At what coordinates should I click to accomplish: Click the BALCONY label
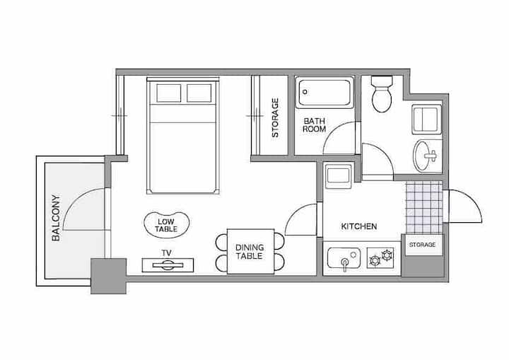coord(56,218)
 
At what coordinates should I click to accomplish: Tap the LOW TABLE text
coord(166,226)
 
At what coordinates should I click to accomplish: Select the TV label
coord(167,252)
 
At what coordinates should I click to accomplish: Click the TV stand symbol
coord(168,265)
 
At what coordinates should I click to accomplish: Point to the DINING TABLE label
coord(250,252)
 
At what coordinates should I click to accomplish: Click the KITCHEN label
coord(359,226)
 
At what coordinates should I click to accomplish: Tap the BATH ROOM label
coord(314,125)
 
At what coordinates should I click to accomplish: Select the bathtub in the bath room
coord(324,93)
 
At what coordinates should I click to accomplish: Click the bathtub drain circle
coord(305,92)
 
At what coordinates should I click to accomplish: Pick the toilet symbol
coord(382,93)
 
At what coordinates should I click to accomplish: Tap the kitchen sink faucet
coord(345,264)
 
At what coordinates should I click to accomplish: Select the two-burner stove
coord(380,257)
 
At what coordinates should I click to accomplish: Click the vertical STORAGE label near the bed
coord(275,117)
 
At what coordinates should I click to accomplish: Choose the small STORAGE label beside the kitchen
coord(422,245)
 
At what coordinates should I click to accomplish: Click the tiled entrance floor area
coord(425,207)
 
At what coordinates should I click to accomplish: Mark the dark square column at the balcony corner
coord(108,276)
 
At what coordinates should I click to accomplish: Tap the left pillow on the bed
coord(168,93)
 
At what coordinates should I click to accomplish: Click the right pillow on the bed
coord(199,93)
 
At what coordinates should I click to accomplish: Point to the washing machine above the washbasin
coord(426,120)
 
